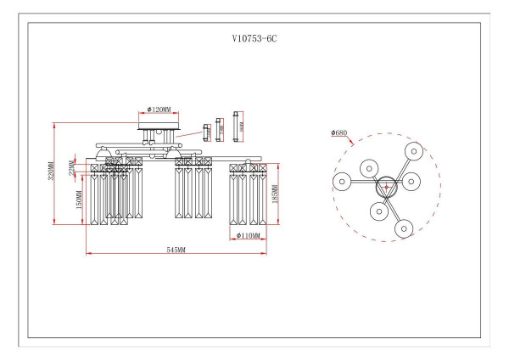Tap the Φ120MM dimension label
tap(159, 110)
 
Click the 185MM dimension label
tap(277, 195)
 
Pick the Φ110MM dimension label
tap(249, 235)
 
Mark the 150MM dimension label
tap(79, 201)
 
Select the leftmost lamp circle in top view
tap(342, 181)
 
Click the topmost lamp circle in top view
tap(413, 151)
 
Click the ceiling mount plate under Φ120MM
tap(159, 123)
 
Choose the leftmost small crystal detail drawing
tap(205, 131)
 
